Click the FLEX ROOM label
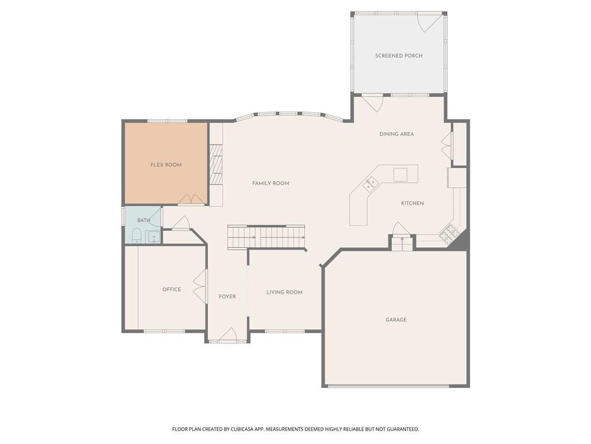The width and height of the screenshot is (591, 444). [x=166, y=165]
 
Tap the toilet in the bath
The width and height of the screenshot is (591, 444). [x=137, y=235]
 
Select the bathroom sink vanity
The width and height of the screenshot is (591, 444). [x=154, y=236]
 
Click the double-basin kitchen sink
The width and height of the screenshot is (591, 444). [x=370, y=184]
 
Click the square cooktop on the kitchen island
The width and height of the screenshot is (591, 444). [x=400, y=174]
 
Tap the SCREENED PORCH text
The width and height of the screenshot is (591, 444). [x=398, y=55]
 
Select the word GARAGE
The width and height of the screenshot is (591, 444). [x=396, y=320]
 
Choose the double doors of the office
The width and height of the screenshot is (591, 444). [x=200, y=287]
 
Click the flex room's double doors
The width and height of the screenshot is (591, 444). [x=191, y=199]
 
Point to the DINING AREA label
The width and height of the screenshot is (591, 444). [x=397, y=134]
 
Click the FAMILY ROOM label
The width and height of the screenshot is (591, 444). [x=271, y=183]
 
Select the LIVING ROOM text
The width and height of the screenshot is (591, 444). [x=284, y=293]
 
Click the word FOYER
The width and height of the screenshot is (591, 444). [x=227, y=297]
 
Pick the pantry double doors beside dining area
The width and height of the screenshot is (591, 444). [x=446, y=146]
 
